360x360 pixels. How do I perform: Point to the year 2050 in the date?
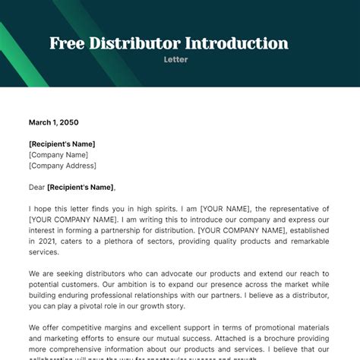(68, 122)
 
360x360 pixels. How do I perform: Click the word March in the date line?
(40, 122)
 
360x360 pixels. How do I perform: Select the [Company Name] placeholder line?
(58, 154)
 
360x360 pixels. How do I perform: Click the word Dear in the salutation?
(37, 187)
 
